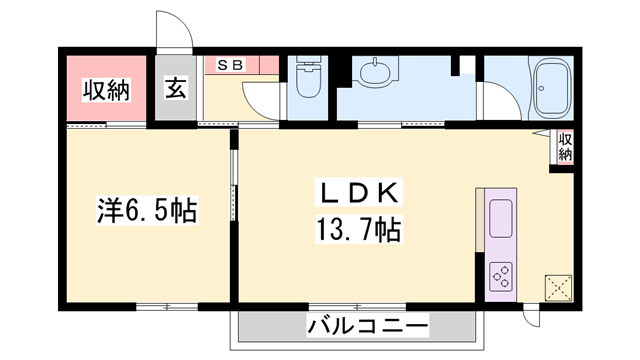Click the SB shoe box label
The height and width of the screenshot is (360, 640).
click(x=230, y=65)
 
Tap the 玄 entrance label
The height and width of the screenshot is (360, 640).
click(x=176, y=88)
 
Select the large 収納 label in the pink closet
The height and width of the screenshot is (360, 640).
click(x=107, y=90)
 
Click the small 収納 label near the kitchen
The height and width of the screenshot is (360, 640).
click(x=565, y=147)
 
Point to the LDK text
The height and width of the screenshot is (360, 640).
click(x=359, y=193)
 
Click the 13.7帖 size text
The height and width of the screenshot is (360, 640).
click(x=358, y=230)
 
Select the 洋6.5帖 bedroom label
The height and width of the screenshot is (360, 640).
click(x=147, y=210)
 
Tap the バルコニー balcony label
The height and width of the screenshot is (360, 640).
click(x=368, y=325)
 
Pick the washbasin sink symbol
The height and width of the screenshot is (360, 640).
click(x=375, y=70)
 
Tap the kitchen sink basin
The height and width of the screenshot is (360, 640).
click(x=501, y=218)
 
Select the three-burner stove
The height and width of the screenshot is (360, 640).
click(x=501, y=276)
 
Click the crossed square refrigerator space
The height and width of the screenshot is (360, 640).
click(x=558, y=288)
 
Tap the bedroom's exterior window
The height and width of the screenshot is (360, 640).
click(x=167, y=306)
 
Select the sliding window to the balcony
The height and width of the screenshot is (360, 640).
click(x=357, y=306)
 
